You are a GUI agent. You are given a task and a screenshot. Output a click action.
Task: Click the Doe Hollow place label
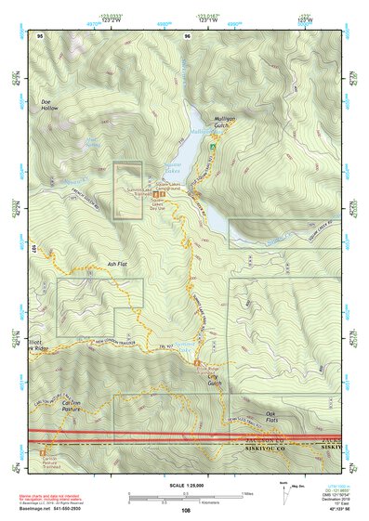tap(48, 104)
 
